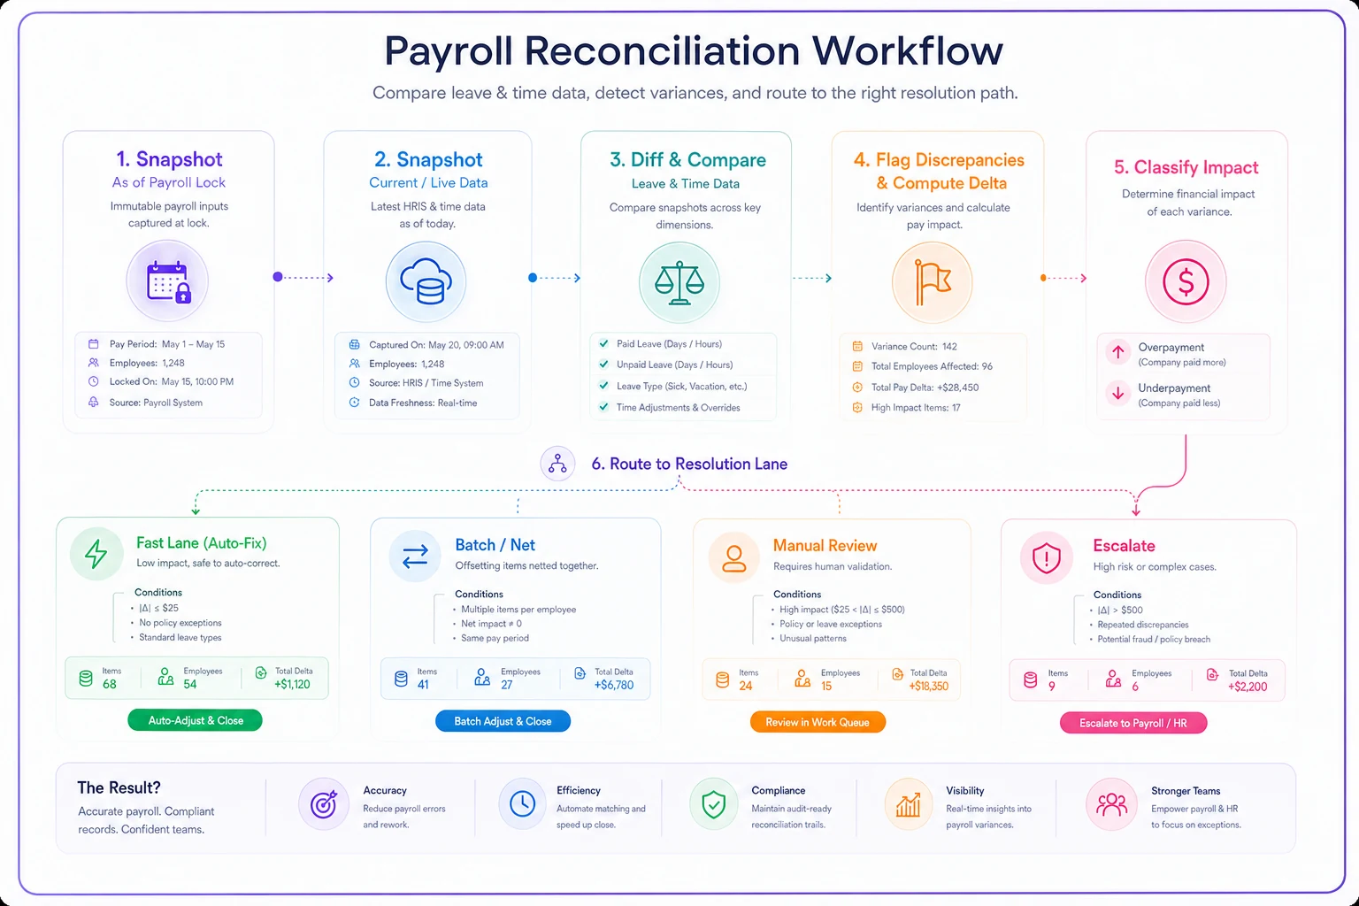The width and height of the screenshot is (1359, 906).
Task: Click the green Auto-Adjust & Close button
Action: pos(195,720)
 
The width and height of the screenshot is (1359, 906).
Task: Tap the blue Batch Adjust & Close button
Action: pos(503,721)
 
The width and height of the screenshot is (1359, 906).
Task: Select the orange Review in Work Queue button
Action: pos(818,722)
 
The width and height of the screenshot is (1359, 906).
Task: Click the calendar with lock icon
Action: pos(168,281)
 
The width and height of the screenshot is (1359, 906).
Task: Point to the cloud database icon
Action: pos(426,281)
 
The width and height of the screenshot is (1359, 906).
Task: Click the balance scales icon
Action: pos(679,283)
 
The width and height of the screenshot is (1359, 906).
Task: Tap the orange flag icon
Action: pos(933,282)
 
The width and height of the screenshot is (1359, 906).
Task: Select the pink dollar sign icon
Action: pos(1186,281)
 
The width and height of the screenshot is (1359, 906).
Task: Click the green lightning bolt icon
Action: pos(96,554)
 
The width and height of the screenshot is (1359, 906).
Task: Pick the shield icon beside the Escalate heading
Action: pos(1047,557)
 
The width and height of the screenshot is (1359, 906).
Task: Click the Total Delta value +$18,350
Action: pos(928,687)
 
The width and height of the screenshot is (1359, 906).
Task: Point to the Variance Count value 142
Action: pos(949,347)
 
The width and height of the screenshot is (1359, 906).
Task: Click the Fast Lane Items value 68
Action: pos(109,685)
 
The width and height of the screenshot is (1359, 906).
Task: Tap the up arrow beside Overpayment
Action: pos(1118,352)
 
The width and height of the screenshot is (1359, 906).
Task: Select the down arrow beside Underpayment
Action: pos(1118,393)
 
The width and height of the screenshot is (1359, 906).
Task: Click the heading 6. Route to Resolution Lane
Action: pos(689,465)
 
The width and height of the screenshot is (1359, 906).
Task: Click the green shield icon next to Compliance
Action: pos(713,805)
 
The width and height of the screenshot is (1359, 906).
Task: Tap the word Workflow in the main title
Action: pos(908,51)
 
